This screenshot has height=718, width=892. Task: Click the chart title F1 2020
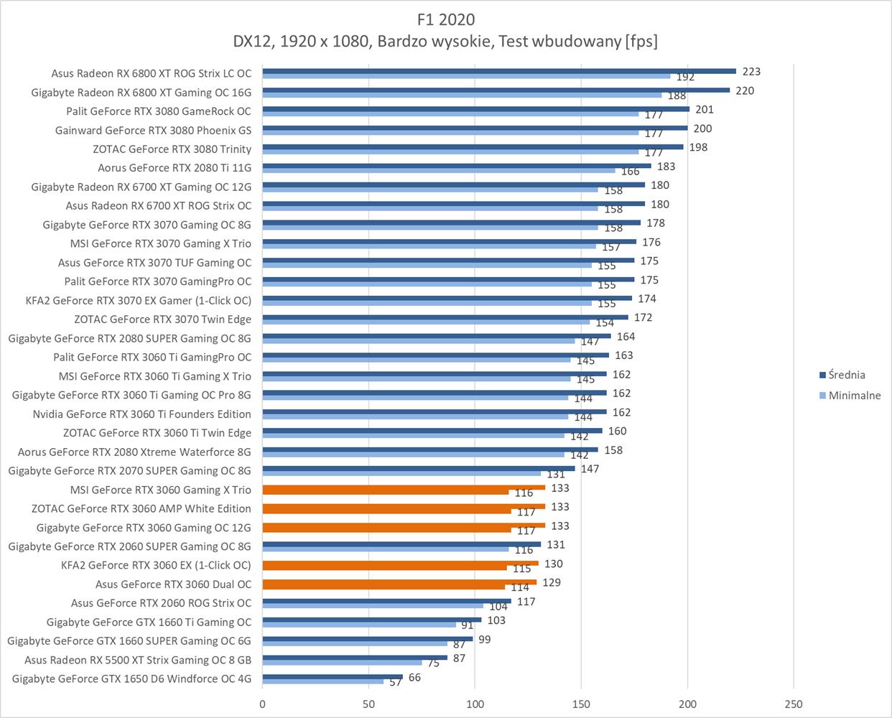coord(445,19)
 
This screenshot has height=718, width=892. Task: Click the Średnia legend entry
coord(847,375)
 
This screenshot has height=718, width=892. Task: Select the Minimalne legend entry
coord(854,396)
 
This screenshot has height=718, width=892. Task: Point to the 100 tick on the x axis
coord(475,704)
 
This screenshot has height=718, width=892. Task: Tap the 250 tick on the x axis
coord(793,704)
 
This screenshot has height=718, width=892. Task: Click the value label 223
coord(751,72)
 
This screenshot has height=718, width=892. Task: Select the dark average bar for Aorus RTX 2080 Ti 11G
coord(457,166)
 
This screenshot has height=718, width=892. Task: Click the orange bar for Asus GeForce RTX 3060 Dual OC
coord(399,582)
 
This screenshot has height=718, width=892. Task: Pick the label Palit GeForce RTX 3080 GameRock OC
coord(159,111)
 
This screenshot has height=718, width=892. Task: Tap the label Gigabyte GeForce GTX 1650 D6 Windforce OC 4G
coord(131,679)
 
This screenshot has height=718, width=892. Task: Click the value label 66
coord(414,678)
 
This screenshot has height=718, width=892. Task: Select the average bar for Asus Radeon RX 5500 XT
coord(355,657)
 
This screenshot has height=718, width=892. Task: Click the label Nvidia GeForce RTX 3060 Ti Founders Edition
coord(141,414)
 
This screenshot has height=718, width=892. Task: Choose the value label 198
coord(698,148)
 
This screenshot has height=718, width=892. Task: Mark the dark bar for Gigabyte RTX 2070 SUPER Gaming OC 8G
coord(419,468)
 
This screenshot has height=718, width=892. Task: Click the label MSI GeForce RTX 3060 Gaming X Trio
coord(161,490)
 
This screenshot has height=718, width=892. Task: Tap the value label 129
coord(552,583)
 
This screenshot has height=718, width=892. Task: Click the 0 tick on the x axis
coord(263,704)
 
